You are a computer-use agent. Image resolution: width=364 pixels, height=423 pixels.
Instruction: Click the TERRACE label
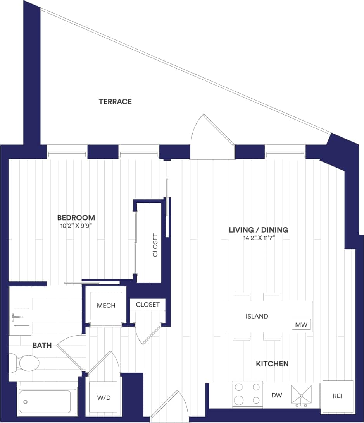click(115, 102)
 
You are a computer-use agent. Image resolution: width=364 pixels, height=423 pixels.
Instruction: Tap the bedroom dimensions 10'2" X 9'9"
click(76, 226)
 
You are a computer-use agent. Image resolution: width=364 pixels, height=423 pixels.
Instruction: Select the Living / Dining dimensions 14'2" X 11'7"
click(258, 238)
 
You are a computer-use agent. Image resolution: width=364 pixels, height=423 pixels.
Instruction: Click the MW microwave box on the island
click(301, 325)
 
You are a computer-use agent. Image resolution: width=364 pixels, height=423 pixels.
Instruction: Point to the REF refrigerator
click(337, 396)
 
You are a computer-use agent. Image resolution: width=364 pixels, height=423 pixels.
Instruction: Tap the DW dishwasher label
click(276, 395)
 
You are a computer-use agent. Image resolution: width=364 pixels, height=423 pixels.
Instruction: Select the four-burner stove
click(247, 394)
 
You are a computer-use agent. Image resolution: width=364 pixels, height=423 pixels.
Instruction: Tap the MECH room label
click(106, 305)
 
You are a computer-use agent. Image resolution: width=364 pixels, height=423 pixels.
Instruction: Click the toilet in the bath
click(26, 363)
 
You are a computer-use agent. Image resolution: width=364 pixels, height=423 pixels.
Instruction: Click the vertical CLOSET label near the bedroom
click(155, 245)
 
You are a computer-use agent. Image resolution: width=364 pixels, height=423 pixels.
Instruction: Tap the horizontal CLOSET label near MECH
click(148, 305)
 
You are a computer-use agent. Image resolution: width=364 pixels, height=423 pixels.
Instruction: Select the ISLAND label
click(257, 316)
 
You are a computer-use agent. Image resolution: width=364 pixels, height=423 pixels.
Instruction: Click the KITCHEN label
click(272, 364)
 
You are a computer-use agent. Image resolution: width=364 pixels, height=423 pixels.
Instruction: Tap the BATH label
click(42, 345)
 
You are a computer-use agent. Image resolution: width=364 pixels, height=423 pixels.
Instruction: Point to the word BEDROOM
click(76, 217)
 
